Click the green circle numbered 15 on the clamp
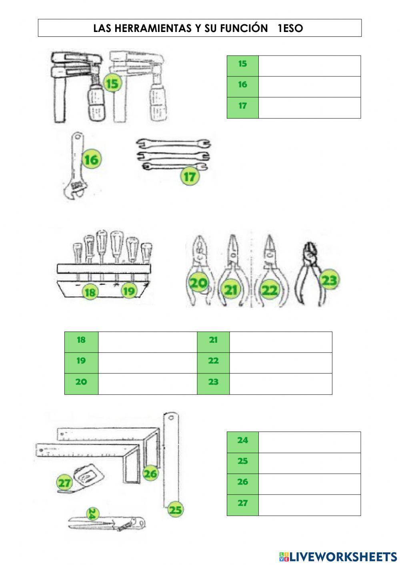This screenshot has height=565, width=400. coord(112,84)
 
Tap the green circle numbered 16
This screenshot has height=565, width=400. coord(91,160)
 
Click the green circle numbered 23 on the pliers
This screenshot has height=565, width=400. coord(329,280)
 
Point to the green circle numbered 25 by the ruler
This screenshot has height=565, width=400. coord(175,510)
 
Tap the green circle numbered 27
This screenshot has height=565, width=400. coord(64,483)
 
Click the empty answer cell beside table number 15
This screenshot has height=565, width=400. coord(309,66)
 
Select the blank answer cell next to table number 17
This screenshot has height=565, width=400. coord(309,108)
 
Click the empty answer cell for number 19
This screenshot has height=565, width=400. coord(147,363)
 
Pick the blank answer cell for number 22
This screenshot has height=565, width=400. coord(280,363)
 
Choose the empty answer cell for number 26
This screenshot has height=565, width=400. coord(309,484)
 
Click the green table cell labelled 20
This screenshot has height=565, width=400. coord(81,384)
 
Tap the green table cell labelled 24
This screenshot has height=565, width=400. coord(242,442)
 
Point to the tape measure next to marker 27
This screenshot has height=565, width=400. coord(86,477)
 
